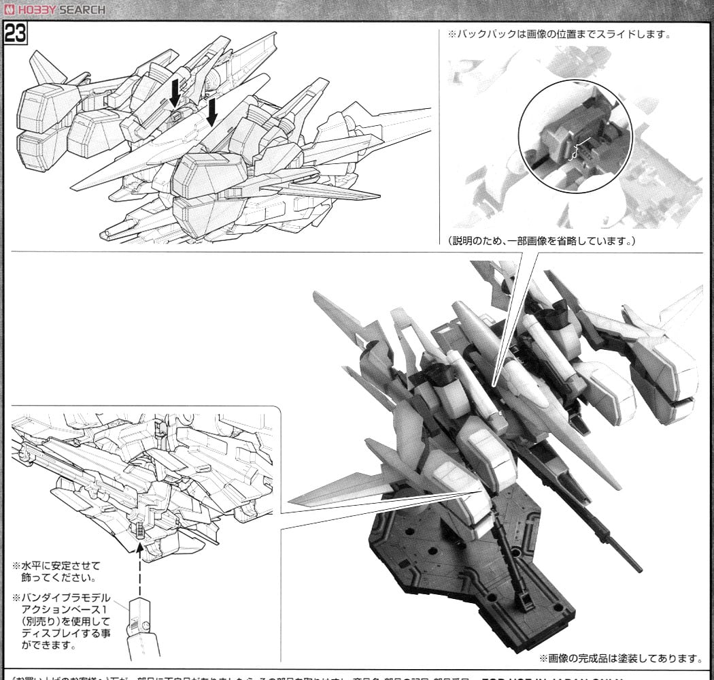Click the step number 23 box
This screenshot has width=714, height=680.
[x=15, y=33]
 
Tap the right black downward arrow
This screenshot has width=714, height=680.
[x=211, y=111]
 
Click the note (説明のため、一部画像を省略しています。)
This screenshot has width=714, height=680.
[x=541, y=242]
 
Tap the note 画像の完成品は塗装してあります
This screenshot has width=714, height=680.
[x=621, y=658]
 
